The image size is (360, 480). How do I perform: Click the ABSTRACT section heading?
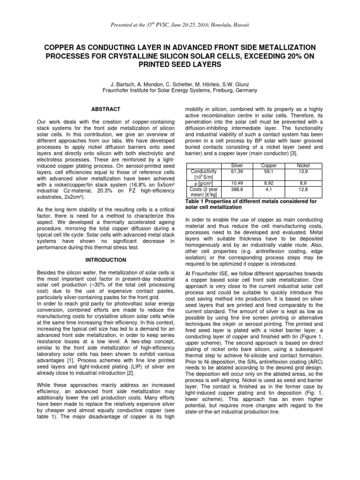pyautogui.click(x=105, y=109)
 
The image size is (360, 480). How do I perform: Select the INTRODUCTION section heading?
pyautogui.click(x=105, y=259)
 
